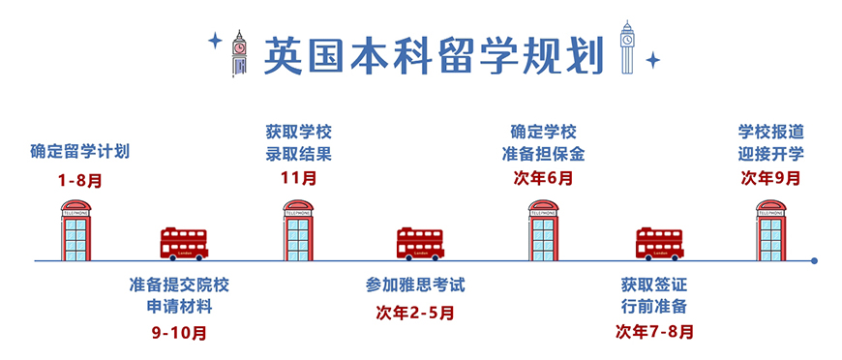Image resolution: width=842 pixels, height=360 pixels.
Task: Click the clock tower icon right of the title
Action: [x=630, y=48]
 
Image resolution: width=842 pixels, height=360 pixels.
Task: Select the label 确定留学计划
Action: [x=79, y=152]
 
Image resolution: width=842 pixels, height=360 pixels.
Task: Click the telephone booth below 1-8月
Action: [x=75, y=230]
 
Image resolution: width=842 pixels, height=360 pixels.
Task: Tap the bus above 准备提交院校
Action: [x=183, y=244]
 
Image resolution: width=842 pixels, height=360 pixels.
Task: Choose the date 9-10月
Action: [x=180, y=333]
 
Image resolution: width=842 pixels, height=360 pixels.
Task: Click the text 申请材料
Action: [x=180, y=308]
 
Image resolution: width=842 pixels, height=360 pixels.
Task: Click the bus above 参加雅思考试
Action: [x=420, y=244]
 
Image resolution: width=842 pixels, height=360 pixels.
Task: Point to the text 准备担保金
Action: [x=543, y=154]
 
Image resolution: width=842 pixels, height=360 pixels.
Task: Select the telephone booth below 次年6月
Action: [x=543, y=230]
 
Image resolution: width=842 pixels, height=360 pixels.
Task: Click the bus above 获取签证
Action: [x=659, y=244]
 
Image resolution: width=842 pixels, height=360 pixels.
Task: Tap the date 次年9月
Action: [x=771, y=178]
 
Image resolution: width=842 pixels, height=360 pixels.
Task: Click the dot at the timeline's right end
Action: [x=815, y=260]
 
